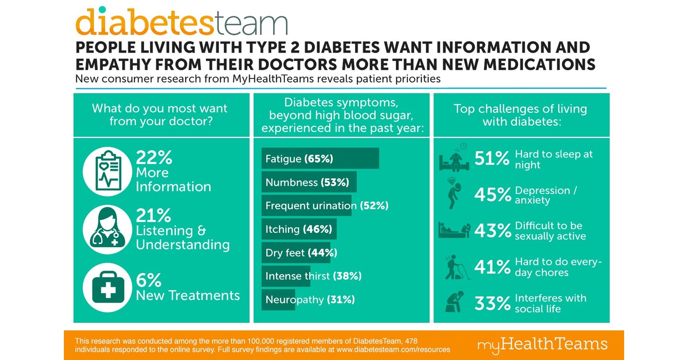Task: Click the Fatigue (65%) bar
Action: coord(320,159)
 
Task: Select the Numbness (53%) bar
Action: coord(309,182)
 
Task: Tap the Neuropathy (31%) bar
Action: coord(278,300)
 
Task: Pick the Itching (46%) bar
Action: coord(299,229)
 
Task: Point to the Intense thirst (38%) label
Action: coord(313,276)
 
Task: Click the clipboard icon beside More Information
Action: coord(107,171)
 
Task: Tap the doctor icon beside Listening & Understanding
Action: coord(107,229)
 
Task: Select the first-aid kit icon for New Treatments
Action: coord(107,288)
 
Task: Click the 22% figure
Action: coord(154,158)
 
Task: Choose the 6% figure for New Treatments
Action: coord(148,280)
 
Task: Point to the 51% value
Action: coord(492,159)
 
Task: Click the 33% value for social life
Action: coord(492,304)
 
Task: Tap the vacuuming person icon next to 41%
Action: coord(455,267)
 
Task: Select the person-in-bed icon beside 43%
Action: coord(454,230)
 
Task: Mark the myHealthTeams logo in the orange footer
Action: coord(542,344)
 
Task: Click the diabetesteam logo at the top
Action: coord(181,22)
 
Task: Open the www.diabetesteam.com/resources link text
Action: coord(393,350)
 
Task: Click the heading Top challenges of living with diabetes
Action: coord(521,115)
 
